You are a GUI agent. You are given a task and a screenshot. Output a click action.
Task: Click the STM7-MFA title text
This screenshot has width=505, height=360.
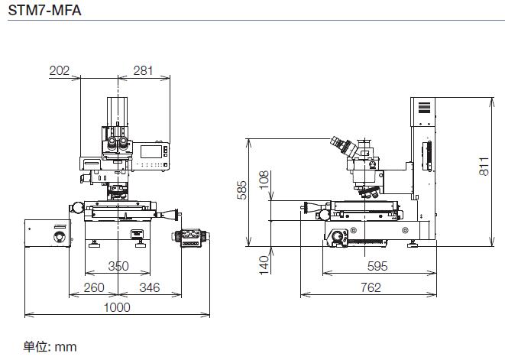pyautogui.click(x=44, y=10)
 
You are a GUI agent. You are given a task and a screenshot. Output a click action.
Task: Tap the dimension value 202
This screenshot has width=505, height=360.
pyautogui.click(x=60, y=70)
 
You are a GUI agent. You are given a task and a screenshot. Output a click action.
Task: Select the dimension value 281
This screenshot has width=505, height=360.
pyautogui.click(x=143, y=70)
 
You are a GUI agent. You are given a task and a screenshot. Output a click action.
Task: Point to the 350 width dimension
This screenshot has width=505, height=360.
pyautogui.click(x=118, y=266)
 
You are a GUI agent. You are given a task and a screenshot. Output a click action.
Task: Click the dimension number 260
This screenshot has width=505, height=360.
pyautogui.click(x=94, y=287)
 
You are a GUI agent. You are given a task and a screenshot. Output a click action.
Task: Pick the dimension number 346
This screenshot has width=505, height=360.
pyautogui.click(x=150, y=287)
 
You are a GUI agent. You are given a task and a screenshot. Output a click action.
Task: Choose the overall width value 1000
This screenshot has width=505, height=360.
pyautogui.click(x=117, y=307)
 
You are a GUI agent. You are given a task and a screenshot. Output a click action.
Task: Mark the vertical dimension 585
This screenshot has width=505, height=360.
pyautogui.click(x=241, y=190)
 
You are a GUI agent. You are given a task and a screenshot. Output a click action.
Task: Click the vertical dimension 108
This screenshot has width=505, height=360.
pyautogui.click(x=264, y=180)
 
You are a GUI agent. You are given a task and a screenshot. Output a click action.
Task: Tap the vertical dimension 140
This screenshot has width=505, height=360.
pyautogui.click(x=264, y=265)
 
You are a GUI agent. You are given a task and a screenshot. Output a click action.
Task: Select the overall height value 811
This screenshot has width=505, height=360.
pyautogui.click(x=484, y=167)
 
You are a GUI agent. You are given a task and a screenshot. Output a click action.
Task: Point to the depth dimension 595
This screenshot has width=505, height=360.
pyautogui.click(x=377, y=266)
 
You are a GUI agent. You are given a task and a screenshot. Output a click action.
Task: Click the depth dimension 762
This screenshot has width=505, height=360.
pyautogui.click(x=371, y=287)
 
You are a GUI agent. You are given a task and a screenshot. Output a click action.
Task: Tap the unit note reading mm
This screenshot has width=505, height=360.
pyautogui.click(x=66, y=347)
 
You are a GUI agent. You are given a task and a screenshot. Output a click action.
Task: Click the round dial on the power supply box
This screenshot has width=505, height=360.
pyautogui.click(x=60, y=237)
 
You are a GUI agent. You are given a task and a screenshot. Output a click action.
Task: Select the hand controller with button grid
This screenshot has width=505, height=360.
pyautogui.click(x=191, y=238)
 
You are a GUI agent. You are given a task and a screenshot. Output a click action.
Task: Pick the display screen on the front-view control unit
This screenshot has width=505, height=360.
pyautogui.click(x=151, y=152)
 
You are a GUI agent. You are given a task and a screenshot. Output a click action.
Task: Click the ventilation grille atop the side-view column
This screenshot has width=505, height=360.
pyautogui.click(x=424, y=108)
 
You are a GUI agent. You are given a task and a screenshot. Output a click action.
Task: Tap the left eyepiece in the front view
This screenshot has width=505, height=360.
pyautogui.click(x=112, y=143)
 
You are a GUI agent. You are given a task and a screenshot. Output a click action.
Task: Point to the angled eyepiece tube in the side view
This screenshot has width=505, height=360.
pyautogui.click(x=344, y=146)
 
